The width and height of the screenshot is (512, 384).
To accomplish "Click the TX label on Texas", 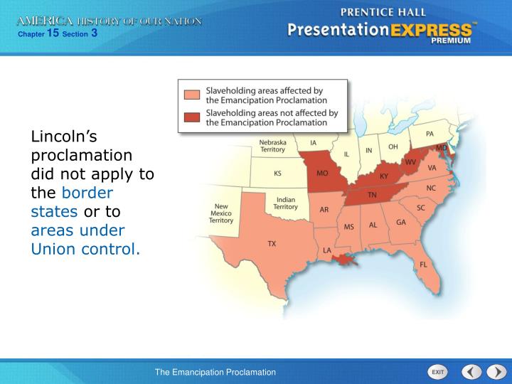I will [272, 243].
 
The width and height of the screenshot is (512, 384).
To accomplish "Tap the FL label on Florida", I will [424, 264].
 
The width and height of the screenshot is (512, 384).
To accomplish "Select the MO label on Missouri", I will [322, 173].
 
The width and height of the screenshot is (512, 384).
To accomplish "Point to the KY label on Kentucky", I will [384, 176].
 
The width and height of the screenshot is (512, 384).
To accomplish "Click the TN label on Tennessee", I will [371, 194].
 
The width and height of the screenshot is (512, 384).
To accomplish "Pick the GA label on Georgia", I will [401, 222].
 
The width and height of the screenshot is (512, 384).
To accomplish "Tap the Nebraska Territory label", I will [272, 146].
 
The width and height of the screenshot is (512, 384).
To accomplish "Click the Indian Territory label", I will [286, 203].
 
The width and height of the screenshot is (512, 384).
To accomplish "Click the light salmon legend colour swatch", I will [192, 95].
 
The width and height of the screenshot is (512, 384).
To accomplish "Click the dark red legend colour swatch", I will [192, 117].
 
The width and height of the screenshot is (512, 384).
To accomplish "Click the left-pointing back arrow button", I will [471, 372].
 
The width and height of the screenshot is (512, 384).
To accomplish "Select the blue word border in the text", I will [88, 192].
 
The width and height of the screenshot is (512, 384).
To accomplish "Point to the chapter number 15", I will [52, 32].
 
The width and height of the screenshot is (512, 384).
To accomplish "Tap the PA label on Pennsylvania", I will [430, 134].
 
